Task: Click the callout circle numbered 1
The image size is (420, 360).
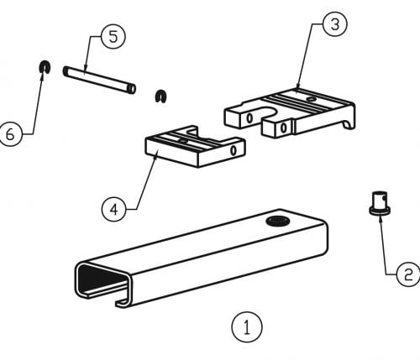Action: click(x=247, y=326)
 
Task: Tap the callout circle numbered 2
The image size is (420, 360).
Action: click(x=408, y=274)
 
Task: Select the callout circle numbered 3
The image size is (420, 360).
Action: click(x=335, y=24)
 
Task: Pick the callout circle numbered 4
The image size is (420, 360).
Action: click(x=114, y=209)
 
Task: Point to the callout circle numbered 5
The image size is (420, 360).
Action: click(x=113, y=37)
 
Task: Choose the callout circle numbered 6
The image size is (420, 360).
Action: click(x=10, y=134)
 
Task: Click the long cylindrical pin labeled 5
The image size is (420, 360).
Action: click(x=99, y=80)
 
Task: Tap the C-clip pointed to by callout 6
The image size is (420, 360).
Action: click(x=45, y=67)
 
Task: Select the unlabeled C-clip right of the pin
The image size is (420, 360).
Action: click(x=161, y=97)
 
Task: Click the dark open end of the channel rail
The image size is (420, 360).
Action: click(x=101, y=278)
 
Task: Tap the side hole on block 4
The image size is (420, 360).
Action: click(x=234, y=150)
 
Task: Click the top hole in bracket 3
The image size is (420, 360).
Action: click(x=310, y=99)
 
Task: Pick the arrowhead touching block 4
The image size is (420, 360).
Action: click(x=156, y=154)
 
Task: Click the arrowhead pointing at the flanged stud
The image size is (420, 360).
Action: click(x=380, y=218)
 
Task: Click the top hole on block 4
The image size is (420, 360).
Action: click(x=183, y=142)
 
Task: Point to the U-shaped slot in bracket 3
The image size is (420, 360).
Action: click(x=265, y=112)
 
